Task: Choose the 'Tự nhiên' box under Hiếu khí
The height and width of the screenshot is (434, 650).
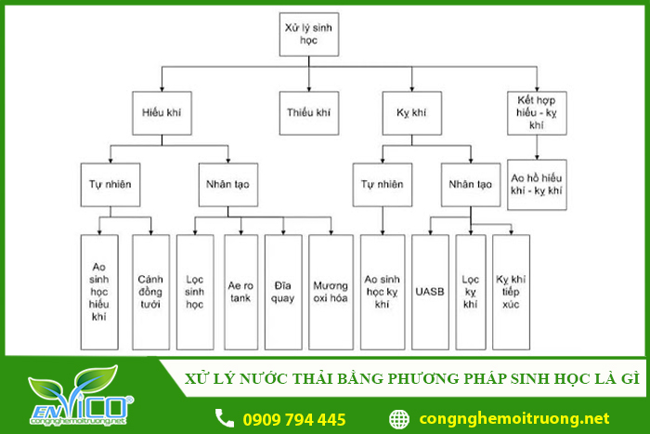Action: coord(110,184)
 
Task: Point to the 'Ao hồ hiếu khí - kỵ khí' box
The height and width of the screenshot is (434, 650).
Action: coord(537,183)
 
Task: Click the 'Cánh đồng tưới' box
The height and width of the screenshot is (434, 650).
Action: coord(150,291)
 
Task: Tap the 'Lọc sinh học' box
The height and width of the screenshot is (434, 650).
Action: coord(194,291)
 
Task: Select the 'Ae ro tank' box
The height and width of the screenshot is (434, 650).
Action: coord(241,291)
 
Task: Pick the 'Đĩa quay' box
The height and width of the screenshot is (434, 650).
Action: coord(283,291)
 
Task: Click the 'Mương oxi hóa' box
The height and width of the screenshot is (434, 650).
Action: coord(331,291)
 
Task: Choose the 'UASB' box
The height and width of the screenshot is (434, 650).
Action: coord(431,291)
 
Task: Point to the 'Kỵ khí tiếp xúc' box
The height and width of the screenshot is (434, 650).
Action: coord(512,291)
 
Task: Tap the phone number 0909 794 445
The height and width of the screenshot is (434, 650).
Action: coord(293,419)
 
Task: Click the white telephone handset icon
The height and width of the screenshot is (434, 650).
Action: coord(225,418)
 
